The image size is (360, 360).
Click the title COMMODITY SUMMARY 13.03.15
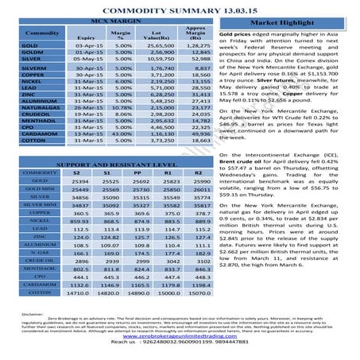[180, 8]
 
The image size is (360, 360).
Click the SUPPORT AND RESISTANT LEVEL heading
[106, 163]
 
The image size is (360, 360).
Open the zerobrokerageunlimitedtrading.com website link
[180, 336]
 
